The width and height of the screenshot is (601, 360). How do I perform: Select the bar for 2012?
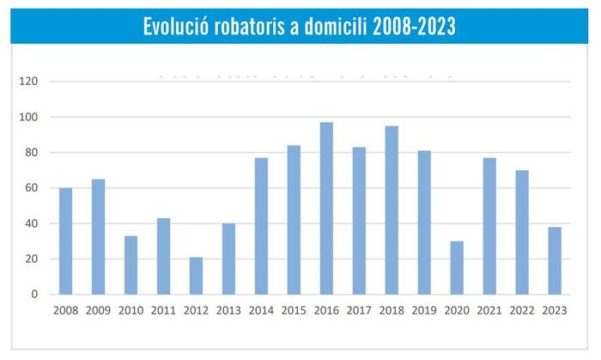click(x=197, y=276)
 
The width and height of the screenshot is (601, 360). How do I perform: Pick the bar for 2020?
click(x=457, y=268)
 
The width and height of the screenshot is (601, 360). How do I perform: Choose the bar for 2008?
click(x=66, y=241)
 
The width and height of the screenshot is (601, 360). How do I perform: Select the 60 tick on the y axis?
click(x=32, y=188)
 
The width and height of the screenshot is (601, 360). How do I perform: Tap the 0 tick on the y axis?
click(x=35, y=295)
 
